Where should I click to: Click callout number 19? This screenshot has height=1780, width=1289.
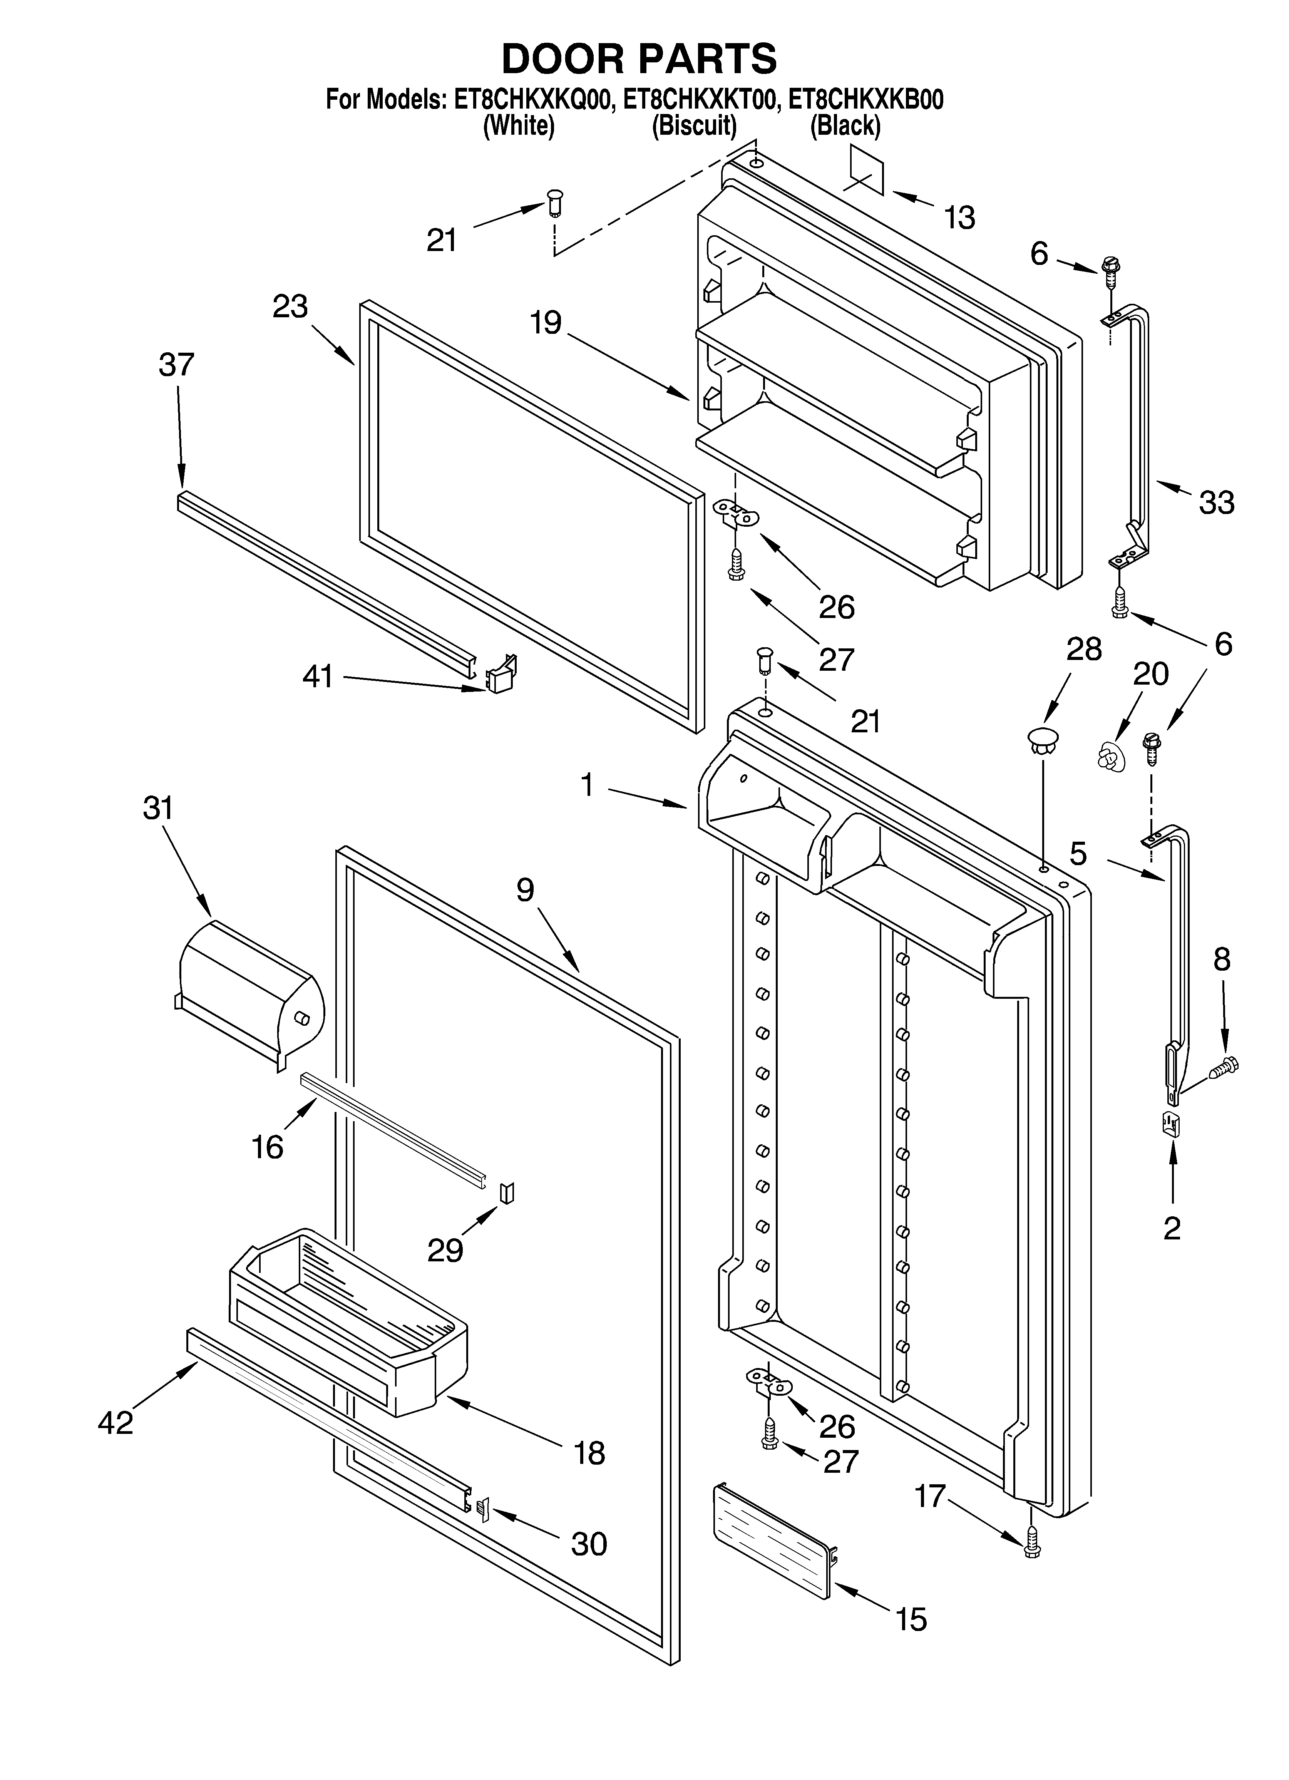click(x=546, y=323)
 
